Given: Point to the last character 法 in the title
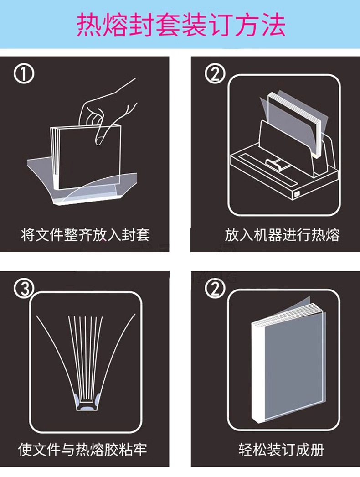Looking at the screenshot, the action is pos(273,25).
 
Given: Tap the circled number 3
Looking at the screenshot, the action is pos(24,288).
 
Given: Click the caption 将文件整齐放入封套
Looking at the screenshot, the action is pos(85,235).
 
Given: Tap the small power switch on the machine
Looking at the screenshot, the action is pos(297,193).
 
